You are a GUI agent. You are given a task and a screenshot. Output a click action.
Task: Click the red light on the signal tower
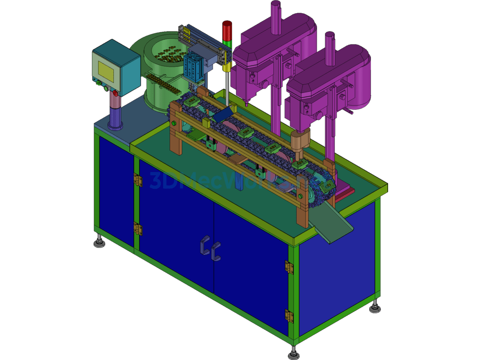tap(227, 30)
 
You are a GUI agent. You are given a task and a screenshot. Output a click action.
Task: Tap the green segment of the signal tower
tap(227, 43)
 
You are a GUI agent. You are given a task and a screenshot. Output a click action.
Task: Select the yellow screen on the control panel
tap(106, 68)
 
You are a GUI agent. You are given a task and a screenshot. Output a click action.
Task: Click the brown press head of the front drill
tap(299, 141)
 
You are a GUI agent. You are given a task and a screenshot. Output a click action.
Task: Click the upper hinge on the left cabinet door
tap(138, 180)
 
